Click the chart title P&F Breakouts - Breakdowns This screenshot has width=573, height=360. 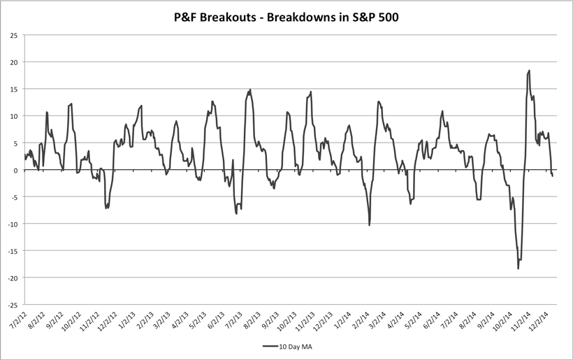click(x=286, y=15)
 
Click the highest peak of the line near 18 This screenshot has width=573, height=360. click(x=529, y=71)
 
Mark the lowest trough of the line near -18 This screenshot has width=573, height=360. click(x=518, y=268)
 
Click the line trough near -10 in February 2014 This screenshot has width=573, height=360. click(x=369, y=225)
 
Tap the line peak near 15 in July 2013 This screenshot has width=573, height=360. click(x=249, y=89)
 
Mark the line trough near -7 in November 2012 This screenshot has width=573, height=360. click(x=106, y=208)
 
